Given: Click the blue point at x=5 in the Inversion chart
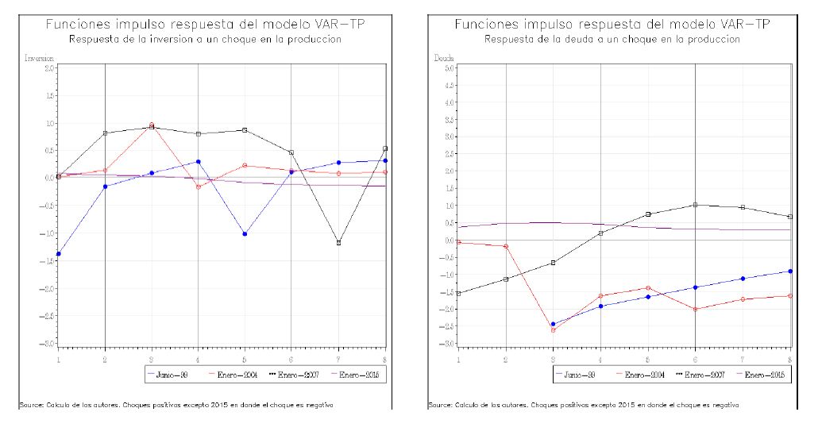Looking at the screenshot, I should [245, 234].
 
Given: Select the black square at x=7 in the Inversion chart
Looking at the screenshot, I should [338, 243].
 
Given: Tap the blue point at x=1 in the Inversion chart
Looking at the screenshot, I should [59, 254].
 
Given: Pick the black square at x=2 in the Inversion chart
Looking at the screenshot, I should [106, 133].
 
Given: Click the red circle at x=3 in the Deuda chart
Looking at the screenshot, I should [553, 329].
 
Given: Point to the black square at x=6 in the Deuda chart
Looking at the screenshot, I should [695, 205].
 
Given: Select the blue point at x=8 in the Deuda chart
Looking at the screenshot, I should [789, 271].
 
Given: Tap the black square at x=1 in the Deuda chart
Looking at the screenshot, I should [459, 293].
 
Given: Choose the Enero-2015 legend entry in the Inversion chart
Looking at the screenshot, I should [358, 372].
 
